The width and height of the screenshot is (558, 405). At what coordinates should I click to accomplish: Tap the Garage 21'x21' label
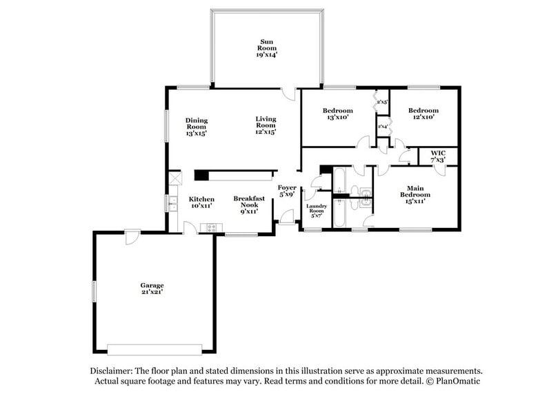click(x=152, y=288)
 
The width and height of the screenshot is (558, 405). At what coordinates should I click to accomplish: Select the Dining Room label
click(x=196, y=127)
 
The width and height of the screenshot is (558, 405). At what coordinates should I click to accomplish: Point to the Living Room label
click(x=266, y=125)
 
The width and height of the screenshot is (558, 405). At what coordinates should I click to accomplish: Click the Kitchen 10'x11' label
click(x=201, y=202)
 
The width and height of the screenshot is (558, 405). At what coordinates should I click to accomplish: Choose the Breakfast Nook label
click(x=249, y=205)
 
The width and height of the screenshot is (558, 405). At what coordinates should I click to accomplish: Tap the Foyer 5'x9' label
click(x=287, y=191)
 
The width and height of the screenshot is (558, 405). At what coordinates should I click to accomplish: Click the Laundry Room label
click(x=317, y=210)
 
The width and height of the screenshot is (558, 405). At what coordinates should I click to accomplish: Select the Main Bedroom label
click(x=415, y=194)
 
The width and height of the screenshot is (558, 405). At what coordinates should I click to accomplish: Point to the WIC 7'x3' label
click(x=438, y=156)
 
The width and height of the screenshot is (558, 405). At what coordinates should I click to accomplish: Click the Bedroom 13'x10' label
click(x=338, y=114)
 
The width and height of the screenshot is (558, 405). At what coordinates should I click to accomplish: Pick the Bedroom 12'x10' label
click(x=423, y=114)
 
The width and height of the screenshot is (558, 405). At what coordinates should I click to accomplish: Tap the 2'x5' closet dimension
click(x=382, y=102)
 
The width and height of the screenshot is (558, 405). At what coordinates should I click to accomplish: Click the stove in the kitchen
click(x=208, y=228)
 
